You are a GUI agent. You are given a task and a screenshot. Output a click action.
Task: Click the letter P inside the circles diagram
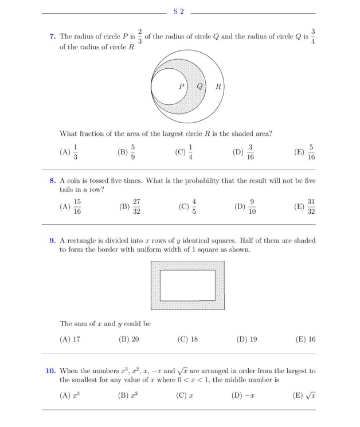point(181,87)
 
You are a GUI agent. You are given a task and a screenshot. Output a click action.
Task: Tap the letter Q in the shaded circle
point(199,87)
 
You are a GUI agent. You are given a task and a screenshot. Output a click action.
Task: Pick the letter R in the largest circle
point(218,87)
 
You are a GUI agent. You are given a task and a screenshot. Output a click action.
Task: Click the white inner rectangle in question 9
point(187,285)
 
